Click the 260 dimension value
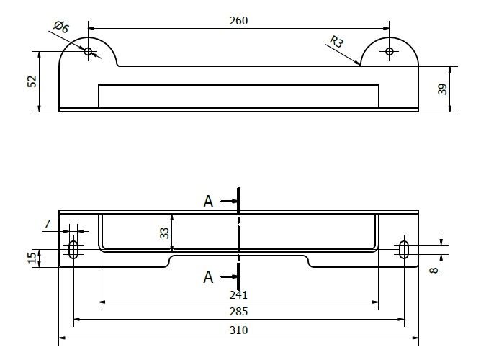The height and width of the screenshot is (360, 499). pyautogui.click(x=238, y=21)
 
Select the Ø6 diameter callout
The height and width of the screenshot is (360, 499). pyautogui.click(x=61, y=28)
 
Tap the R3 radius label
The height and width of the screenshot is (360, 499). pyautogui.click(x=336, y=42)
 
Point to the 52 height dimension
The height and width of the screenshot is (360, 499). pyautogui.click(x=32, y=81)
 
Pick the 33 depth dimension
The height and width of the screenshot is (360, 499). pyautogui.click(x=164, y=233)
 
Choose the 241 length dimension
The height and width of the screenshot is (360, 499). pyautogui.click(x=238, y=294)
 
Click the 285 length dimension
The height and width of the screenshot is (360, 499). pyautogui.click(x=238, y=312)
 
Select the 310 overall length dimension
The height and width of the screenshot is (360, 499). pyautogui.click(x=238, y=330)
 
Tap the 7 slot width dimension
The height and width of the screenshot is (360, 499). pyautogui.click(x=48, y=225)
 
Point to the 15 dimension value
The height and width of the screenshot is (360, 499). pyautogui.click(x=32, y=258)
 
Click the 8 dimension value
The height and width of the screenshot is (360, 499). pyautogui.click(x=433, y=270)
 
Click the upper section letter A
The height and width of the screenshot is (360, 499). pyautogui.click(x=208, y=202)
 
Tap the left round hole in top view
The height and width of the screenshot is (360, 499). pyautogui.click(x=88, y=51)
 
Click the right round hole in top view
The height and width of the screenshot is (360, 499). pyautogui.click(x=390, y=51)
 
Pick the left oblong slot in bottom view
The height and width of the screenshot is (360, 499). pyautogui.click(x=73, y=250)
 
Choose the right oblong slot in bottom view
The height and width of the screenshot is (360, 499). pyautogui.click(x=404, y=250)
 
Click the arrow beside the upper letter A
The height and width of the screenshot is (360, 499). pyautogui.click(x=228, y=202)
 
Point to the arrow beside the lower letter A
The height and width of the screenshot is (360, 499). pyautogui.click(x=228, y=276)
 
